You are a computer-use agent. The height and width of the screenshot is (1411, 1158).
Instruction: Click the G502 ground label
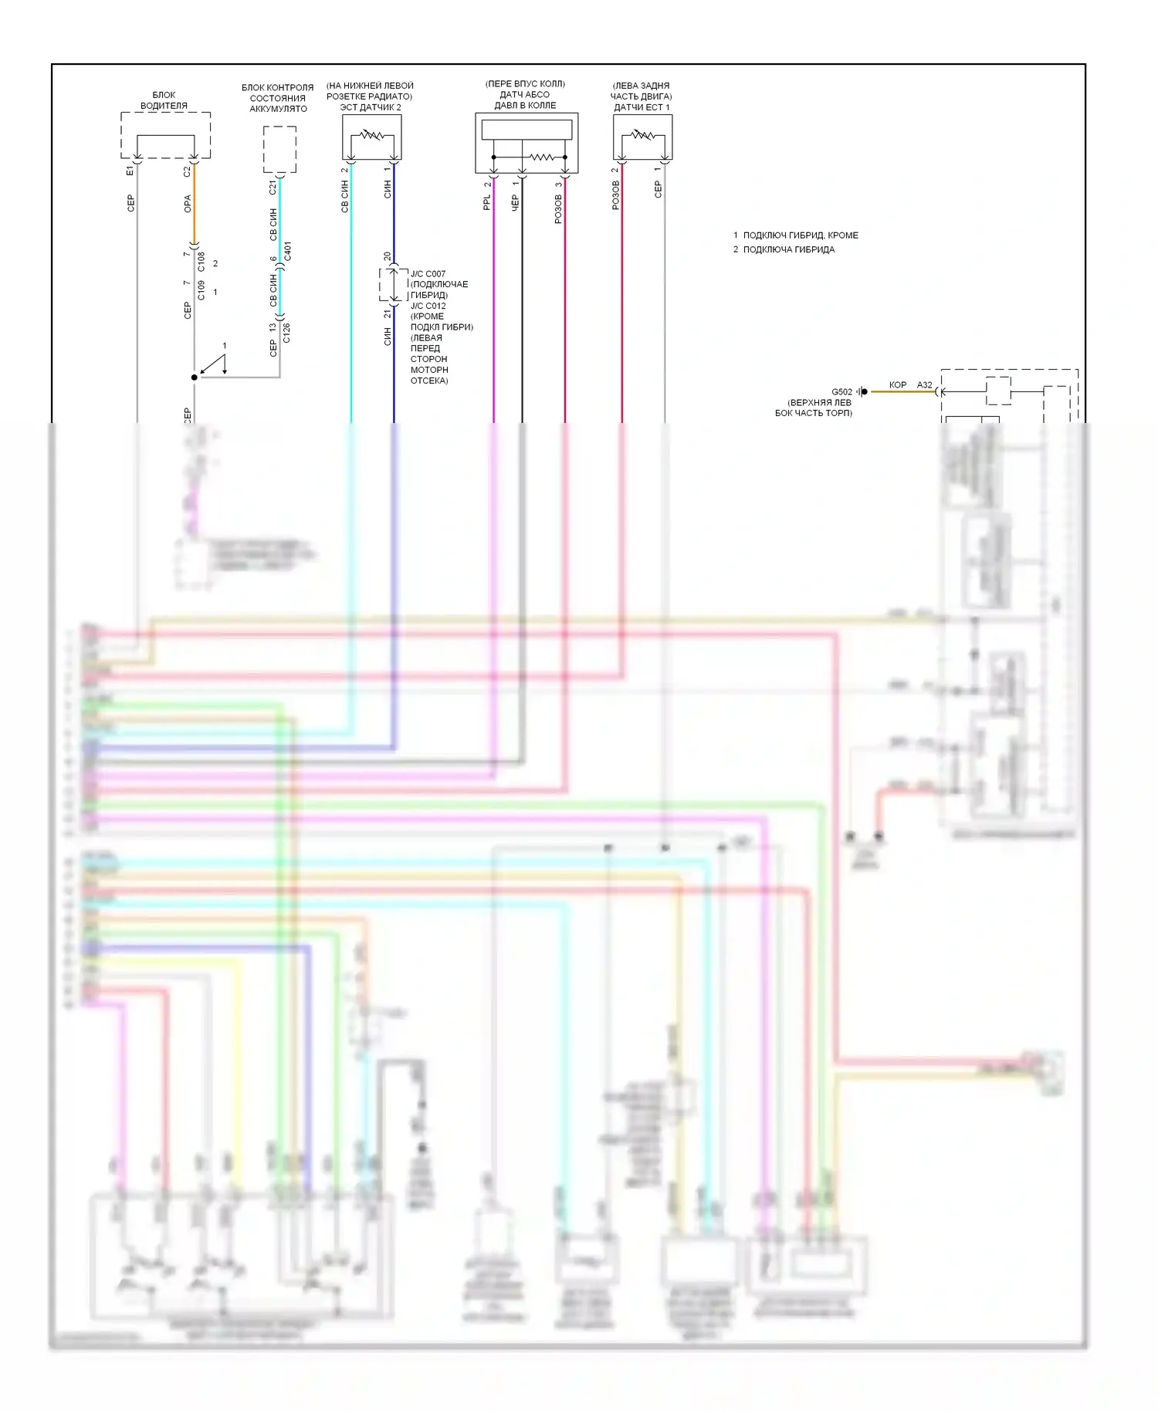841,391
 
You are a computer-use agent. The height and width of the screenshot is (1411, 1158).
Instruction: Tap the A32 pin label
924,384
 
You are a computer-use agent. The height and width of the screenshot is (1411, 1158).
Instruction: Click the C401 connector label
287,251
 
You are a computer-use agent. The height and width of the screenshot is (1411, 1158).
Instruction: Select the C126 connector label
286,333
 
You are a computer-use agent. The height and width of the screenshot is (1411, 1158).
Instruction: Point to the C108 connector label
201,262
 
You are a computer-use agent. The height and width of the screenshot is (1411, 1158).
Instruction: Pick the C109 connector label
201,290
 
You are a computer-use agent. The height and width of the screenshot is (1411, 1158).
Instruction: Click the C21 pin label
273,187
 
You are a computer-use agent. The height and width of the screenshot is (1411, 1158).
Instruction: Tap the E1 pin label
130,171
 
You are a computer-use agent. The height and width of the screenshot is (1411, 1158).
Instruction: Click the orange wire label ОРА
188,204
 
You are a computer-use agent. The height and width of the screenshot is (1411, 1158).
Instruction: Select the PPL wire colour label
487,202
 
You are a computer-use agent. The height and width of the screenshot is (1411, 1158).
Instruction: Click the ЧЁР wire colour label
515,203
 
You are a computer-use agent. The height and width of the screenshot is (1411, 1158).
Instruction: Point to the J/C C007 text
428,274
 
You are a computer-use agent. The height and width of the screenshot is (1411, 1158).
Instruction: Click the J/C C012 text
428,306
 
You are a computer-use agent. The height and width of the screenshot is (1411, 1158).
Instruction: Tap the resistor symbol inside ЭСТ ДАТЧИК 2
371,135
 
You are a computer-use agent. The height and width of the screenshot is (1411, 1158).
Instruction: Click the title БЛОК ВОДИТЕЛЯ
164,100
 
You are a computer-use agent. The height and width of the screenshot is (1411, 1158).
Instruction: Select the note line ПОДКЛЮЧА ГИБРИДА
788,249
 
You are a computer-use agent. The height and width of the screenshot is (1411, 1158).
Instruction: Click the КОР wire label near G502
897,384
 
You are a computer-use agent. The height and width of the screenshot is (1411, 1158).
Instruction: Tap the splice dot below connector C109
194,377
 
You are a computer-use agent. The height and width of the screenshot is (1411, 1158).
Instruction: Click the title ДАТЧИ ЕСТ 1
642,107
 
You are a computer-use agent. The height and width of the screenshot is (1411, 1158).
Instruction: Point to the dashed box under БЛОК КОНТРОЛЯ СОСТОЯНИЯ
279,149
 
